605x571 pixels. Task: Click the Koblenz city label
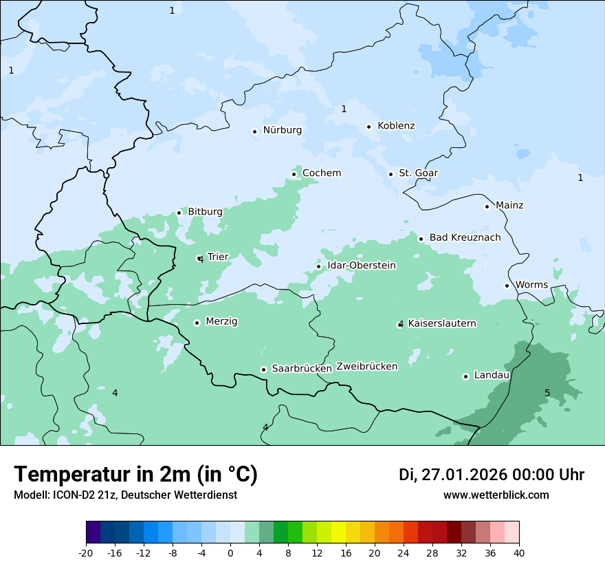coord(396,126)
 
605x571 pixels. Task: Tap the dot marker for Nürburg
coord(254,131)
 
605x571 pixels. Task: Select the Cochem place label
coord(321,173)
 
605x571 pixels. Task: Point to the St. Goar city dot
coord(390,174)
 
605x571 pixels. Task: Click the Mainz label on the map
coord(509,206)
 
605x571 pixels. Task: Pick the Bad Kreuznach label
coord(465,238)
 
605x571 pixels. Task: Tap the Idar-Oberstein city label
coord(361,266)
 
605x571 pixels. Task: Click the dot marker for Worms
coord(507,285)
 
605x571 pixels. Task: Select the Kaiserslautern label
coord(442,324)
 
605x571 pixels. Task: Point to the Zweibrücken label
coord(366,367)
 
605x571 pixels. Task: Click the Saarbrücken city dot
coord(263,369)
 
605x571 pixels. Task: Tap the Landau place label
coord(492,376)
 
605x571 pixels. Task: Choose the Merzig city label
coord(221,322)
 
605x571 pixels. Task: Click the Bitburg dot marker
coord(179,213)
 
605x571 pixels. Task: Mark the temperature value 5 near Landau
coord(547,394)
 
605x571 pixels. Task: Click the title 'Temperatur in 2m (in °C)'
coord(135,475)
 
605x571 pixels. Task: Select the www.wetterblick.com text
coord(496,495)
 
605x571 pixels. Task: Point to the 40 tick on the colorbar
coord(518,553)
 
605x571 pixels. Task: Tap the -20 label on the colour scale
coord(86,553)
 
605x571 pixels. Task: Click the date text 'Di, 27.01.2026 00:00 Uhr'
coord(492,475)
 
